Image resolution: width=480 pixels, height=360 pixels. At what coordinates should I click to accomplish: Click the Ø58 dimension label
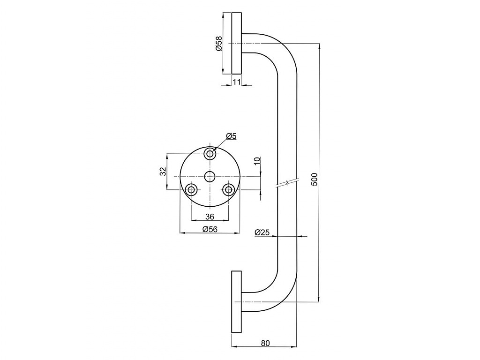pyautogui.click(x=219, y=44)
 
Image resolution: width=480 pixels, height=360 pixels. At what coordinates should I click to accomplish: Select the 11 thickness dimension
pyautogui.click(x=237, y=82)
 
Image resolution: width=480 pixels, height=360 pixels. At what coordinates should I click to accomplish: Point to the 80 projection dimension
pyautogui.click(x=266, y=343)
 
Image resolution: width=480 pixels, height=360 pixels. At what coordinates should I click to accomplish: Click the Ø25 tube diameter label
pyautogui.click(x=262, y=232)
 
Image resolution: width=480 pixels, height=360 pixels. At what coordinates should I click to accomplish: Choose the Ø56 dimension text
pyautogui.click(x=210, y=229)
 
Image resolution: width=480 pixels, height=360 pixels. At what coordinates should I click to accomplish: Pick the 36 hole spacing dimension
pyautogui.click(x=210, y=217)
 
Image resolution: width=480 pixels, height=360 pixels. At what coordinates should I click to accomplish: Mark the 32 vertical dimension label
pyautogui.click(x=163, y=172)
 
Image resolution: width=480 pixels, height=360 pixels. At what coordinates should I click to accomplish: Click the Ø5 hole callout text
pyautogui.click(x=232, y=136)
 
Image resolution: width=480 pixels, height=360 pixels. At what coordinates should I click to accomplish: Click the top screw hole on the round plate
pyautogui.click(x=210, y=153)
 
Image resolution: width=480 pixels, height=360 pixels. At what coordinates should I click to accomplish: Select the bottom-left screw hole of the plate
pyautogui.click(x=192, y=190)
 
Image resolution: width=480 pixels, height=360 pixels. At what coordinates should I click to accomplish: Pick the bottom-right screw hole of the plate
pyautogui.click(x=228, y=190)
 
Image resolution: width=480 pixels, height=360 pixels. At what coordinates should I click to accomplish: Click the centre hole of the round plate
pyautogui.click(x=210, y=177)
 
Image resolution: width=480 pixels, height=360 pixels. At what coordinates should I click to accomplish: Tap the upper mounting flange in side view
pyautogui.click(x=236, y=43)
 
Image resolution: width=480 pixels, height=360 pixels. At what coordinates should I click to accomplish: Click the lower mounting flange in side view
pyautogui.click(x=236, y=301)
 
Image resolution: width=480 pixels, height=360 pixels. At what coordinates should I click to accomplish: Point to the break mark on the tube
pyautogui.click(x=287, y=183)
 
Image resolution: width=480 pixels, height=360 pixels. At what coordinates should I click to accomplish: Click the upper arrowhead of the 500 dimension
pyautogui.click(x=319, y=46)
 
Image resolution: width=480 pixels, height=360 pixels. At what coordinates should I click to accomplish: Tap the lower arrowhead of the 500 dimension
pyautogui.click(x=319, y=299)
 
